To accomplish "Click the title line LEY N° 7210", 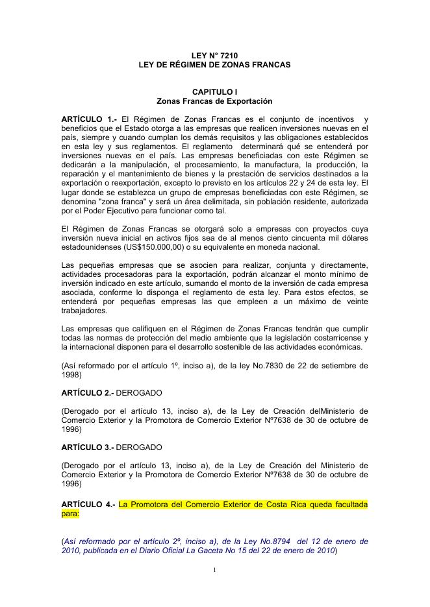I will coord(214,56).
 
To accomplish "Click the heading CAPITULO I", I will coord(214,92).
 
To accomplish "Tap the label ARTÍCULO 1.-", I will coord(89,119).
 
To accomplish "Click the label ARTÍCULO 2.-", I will coord(87,392).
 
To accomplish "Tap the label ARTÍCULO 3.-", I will coord(87,447).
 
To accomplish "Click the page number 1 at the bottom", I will coord(214,570).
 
